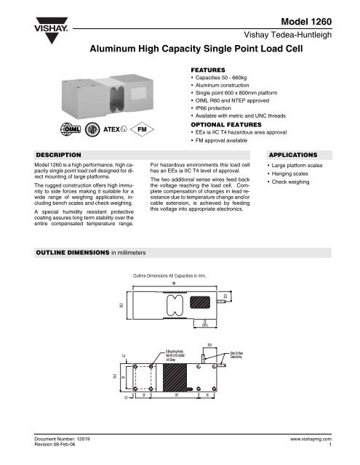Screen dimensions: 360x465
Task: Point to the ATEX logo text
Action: click(114, 132)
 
